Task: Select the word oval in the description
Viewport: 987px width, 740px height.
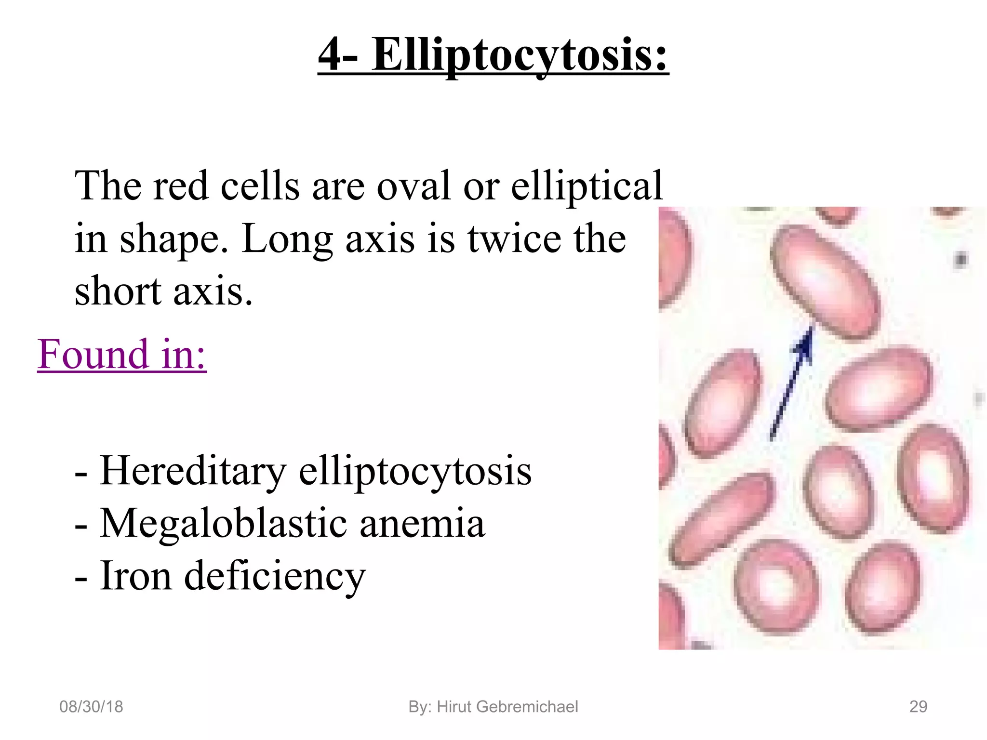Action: pos(413,186)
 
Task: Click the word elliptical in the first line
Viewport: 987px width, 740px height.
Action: pos(587,186)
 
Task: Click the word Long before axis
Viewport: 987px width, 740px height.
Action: pos(287,239)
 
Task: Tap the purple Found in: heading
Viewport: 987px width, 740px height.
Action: pos(122,354)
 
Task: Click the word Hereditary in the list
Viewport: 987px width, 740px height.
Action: pos(193,471)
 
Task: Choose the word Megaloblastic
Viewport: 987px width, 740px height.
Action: pos(224,524)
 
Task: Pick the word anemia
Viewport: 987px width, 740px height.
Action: pos(422,524)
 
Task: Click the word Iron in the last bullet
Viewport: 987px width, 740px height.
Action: pos(135,576)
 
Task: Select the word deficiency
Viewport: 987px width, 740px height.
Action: pos(275,577)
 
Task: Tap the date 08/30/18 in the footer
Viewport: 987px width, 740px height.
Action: pos(91,707)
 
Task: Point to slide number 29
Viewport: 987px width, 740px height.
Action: pos(918,707)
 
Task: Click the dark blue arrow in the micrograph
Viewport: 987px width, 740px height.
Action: pos(791,383)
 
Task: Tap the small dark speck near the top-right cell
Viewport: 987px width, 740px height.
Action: pos(960,260)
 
